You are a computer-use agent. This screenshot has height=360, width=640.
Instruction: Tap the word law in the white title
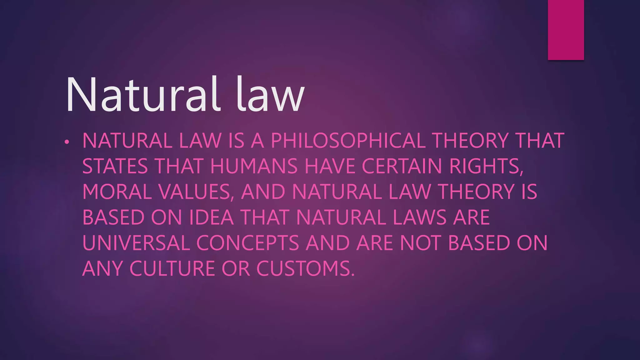click(x=270, y=94)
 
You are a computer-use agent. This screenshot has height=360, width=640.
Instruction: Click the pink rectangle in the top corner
click(x=566, y=30)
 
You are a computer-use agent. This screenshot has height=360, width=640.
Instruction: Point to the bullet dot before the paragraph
click(x=66, y=142)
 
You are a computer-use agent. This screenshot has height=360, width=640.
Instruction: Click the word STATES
click(x=115, y=166)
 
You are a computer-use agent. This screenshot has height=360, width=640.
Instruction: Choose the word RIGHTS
click(x=486, y=166)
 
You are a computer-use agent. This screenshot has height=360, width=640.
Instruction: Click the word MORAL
click(x=117, y=192)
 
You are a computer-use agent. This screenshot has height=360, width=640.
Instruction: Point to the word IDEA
click(x=212, y=217)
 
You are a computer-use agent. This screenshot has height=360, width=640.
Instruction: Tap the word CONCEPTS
click(x=247, y=243)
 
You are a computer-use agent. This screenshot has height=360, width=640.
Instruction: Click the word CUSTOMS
click(x=306, y=269)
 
